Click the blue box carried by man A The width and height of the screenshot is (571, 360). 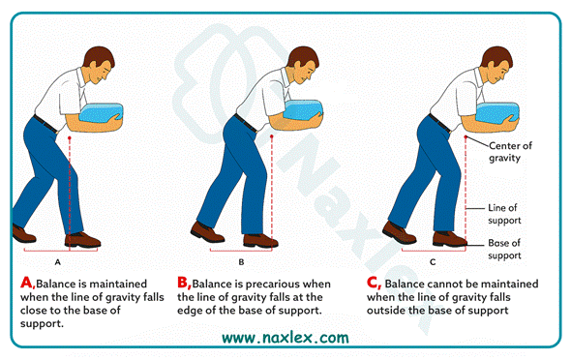point(102,112)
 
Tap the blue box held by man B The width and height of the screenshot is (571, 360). point(303,110)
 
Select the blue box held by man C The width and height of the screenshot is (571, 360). point(497,113)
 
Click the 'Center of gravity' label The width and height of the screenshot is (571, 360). point(510,151)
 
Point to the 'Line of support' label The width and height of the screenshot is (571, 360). point(504,214)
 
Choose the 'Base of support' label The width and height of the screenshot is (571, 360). point(504,249)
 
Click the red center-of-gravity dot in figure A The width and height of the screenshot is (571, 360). point(70,138)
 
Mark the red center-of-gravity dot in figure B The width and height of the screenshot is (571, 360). point(272,136)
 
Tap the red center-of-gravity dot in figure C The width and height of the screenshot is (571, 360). point(466,136)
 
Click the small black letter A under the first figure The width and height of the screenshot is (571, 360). point(57,262)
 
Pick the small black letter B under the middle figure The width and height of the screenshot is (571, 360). point(241,262)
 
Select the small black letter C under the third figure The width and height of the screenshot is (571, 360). point(433,262)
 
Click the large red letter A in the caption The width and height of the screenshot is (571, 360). point(27,283)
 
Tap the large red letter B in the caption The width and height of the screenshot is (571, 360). point(183,283)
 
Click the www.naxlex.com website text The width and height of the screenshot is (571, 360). point(285,338)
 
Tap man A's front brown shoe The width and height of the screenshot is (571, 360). point(82,240)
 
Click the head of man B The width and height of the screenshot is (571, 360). point(303,65)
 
